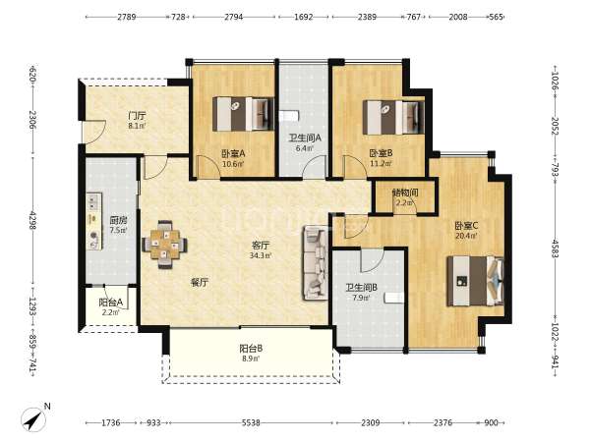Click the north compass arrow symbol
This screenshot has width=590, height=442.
[34, 418]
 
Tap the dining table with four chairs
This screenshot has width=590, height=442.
[164, 245]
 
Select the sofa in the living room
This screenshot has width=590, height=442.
[316, 262]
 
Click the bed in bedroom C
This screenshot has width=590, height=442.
[475, 281]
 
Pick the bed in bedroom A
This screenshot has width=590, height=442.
[243, 114]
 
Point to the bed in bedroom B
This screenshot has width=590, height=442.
[393, 117]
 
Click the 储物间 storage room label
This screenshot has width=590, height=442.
[405, 193]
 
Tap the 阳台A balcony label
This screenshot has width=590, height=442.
[110, 303]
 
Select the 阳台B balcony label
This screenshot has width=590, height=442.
[251, 349]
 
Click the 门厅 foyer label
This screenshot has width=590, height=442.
[137, 116]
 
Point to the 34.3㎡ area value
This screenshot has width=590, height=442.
[261, 255]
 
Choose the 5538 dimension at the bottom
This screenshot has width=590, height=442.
[251, 422]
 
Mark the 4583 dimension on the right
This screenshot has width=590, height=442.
[556, 249]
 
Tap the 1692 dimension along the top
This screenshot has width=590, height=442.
[303, 17]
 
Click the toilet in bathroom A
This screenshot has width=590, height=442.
[289, 116]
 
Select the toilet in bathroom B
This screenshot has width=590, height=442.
[394, 298]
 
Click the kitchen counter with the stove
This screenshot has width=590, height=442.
[94, 221]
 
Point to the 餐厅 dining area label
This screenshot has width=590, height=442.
[200, 283]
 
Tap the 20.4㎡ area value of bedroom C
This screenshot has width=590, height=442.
[466, 236]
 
